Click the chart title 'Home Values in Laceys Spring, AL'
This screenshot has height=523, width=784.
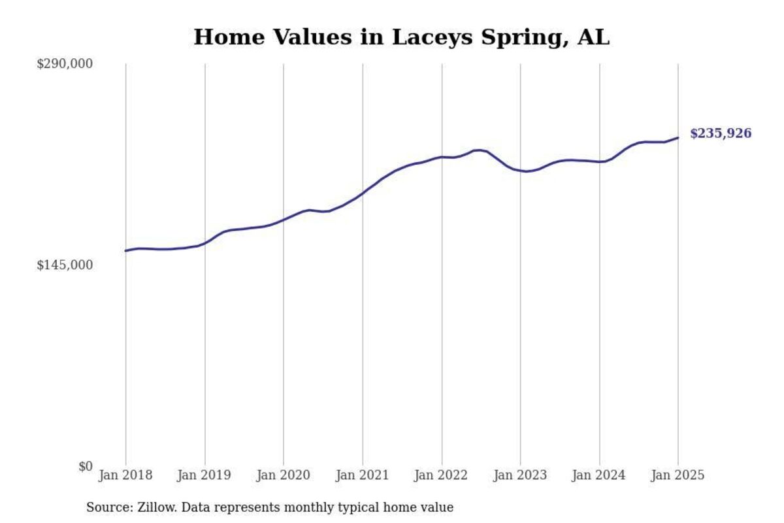[401, 37]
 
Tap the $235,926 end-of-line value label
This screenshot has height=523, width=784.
[721, 134]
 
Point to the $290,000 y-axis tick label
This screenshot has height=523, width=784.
[65, 64]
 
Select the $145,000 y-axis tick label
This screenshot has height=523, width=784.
[65, 265]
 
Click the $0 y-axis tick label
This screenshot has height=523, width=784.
[86, 466]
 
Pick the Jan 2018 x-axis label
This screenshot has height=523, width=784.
[125, 475]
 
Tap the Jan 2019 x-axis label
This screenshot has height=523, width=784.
[204, 475]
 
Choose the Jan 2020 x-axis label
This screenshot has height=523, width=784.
[284, 475]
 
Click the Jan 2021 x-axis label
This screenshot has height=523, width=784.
[363, 475]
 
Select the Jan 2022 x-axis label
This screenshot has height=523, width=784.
[442, 475]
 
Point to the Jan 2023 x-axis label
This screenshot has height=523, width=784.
[521, 475]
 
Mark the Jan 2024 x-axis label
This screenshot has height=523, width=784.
[599, 475]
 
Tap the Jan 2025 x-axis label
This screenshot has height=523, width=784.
[678, 475]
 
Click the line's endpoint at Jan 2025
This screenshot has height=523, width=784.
[678, 137]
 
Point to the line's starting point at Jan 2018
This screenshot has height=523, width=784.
[125, 251]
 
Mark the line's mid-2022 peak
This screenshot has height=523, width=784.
[478, 150]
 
